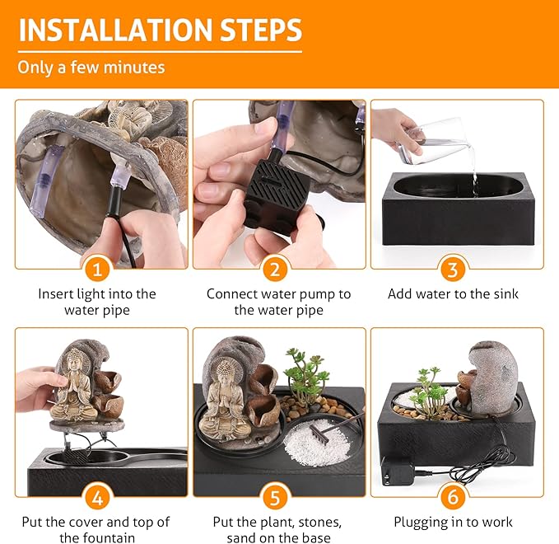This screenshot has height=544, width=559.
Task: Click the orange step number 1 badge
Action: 97,269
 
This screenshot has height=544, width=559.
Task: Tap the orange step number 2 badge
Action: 275,269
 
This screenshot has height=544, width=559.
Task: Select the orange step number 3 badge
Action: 453,269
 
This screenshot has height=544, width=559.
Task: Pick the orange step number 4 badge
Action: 97,497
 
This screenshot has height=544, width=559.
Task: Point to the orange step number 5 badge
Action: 275,497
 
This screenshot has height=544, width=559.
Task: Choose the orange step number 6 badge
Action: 453,496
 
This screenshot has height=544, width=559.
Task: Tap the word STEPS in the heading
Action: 261,30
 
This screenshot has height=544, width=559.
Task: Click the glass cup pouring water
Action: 433,142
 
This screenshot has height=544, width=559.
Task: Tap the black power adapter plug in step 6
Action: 397,471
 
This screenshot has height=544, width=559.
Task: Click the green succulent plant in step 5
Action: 305,373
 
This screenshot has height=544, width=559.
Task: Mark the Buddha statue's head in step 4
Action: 75,360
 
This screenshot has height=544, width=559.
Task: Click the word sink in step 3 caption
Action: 505,293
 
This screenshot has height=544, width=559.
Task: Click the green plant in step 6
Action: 431,392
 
